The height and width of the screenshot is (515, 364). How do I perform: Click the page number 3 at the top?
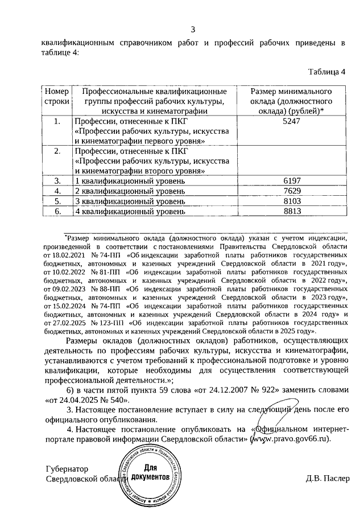point(193,30)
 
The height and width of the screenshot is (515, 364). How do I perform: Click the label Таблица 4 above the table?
point(326,72)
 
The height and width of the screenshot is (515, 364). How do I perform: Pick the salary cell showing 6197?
point(291,181)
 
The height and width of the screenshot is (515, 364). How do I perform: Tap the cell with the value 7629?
point(291,191)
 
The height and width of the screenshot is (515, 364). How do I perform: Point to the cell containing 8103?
point(291,201)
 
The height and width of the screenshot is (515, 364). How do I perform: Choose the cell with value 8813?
point(291,212)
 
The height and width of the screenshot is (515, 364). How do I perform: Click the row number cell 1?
point(56,122)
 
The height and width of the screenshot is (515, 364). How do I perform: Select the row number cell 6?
point(56,212)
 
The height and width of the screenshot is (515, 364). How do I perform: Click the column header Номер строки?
point(56,96)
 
